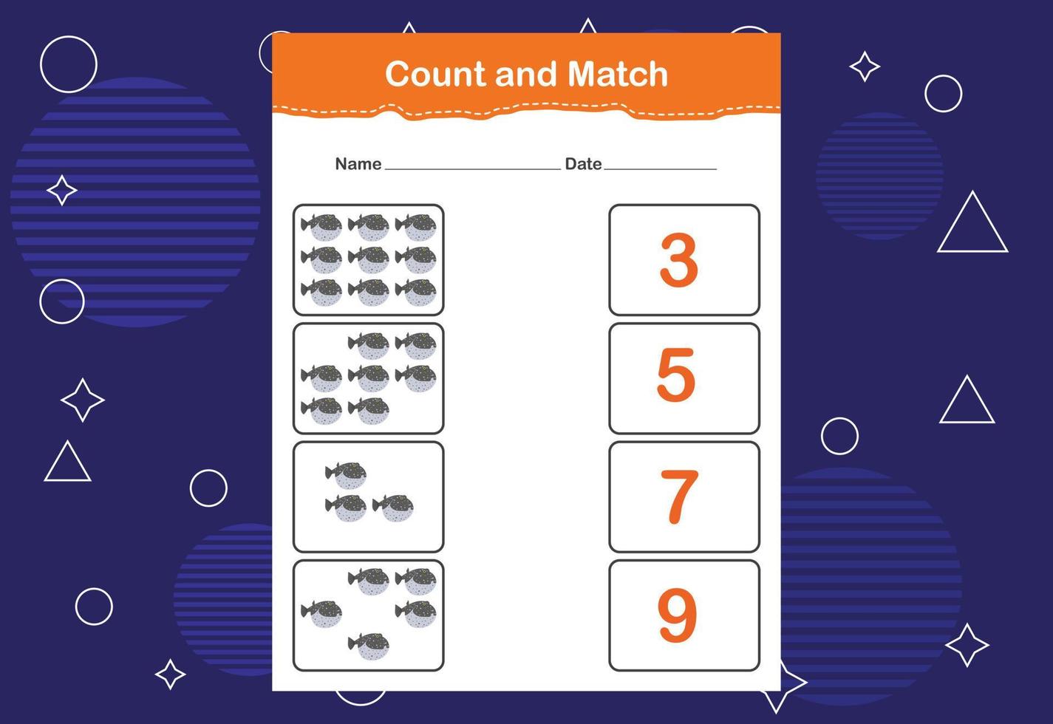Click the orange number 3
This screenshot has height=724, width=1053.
pyautogui.click(x=678, y=260)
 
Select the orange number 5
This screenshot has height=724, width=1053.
pyautogui.click(x=675, y=375)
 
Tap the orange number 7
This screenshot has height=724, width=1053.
pyautogui.click(x=679, y=496)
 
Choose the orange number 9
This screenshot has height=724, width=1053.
pyautogui.click(x=677, y=615)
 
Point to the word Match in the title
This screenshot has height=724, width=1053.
pyautogui.click(x=618, y=75)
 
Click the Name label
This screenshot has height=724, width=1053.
pyautogui.click(x=358, y=164)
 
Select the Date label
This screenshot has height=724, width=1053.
pyautogui.click(x=583, y=164)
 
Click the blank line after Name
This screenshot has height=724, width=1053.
pyautogui.click(x=473, y=168)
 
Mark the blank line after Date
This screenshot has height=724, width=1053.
pyautogui.click(x=661, y=168)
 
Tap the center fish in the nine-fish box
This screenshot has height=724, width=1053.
pyautogui.click(x=369, y=260)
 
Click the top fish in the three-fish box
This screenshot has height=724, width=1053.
pyautogui.click(x=346, y=476)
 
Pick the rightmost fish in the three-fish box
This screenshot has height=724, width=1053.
pyautogui.click(x=393, y=508)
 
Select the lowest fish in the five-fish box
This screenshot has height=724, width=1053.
pyautogui.click(x=369, y=646)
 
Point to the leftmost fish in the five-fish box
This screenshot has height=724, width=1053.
pyautogui.click(x=321, y=614)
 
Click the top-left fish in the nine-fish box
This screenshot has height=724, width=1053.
pyautogui.click(x=321, y=228)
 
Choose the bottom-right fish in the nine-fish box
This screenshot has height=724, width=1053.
pyautogui.click(x=415, y=293)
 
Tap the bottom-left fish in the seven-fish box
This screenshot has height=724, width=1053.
pyautogui.click(x=321, y=411)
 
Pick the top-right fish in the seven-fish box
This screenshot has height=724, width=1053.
pyautogui.click(x=415, y=346)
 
